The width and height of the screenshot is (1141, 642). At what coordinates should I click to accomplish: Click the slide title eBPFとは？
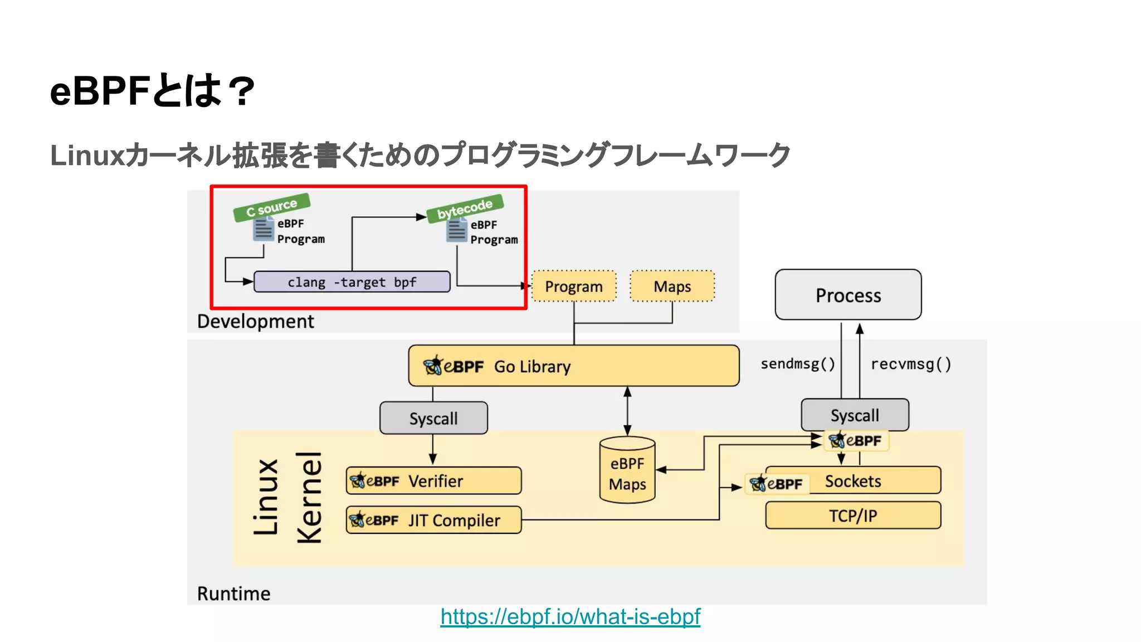pos(152,91)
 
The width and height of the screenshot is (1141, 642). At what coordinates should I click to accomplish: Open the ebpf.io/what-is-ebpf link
pos(570,617)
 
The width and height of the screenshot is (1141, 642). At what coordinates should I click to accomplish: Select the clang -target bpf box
pos(352,282)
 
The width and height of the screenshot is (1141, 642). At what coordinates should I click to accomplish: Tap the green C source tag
pos(272,207)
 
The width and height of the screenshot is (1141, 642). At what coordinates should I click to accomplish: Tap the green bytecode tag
pos(465,208)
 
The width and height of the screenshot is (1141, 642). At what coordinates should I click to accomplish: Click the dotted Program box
pos(574,286)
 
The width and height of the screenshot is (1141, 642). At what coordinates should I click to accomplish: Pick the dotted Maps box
pos(672,286)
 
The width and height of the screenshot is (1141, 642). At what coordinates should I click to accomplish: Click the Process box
pos(848,295)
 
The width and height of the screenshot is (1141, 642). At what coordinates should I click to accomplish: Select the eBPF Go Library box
pos(573,366)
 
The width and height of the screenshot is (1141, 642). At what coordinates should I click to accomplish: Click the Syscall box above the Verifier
pos(433,418)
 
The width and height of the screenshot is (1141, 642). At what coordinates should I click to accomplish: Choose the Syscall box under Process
pos(855,415)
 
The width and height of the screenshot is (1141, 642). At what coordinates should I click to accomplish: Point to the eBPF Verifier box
pos(433,481)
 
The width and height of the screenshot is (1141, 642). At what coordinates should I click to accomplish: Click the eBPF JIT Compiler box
pos(433,520)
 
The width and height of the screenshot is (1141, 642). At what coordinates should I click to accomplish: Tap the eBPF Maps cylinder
pos(627,472)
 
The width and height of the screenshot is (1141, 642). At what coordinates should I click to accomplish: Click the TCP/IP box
pos(853,515)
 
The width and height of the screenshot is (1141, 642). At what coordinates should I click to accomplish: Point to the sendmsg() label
pos(798,364)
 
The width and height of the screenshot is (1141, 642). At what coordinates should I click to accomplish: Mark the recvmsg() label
pos(911,364)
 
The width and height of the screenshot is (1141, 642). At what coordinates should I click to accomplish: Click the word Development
pos(255,322)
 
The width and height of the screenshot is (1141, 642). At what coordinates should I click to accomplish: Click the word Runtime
pos(233,594)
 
